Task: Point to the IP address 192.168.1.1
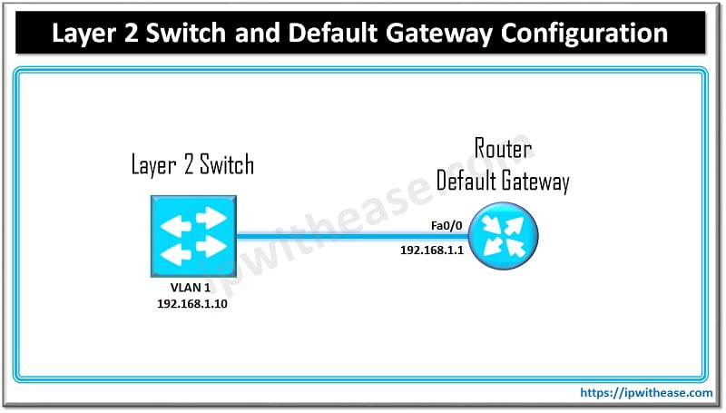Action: (433, 249)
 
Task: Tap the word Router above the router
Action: (503, 150)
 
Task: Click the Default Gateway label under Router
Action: (503, 180)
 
